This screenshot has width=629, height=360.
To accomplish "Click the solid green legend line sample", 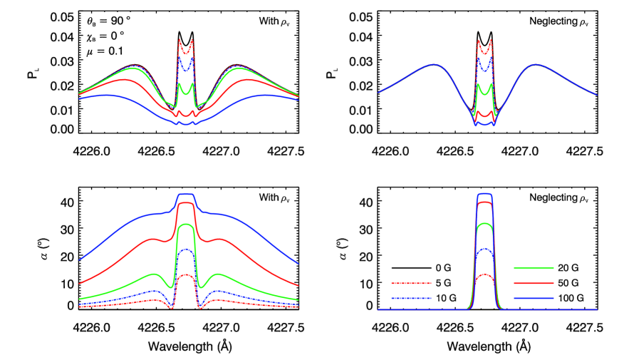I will [534, 267].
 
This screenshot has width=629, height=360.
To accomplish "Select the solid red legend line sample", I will [534, 283].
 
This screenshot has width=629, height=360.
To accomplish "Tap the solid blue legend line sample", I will [534, 298].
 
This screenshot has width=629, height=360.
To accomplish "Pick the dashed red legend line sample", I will [411, 283].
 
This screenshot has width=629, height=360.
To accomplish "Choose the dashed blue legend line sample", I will [411, 298].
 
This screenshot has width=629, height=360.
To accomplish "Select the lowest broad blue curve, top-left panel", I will [107, 95].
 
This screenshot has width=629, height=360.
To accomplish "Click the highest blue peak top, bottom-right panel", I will [484, 193].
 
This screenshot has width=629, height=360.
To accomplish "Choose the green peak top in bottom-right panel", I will [484, 224].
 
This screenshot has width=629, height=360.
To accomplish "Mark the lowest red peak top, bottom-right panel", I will [484, 274].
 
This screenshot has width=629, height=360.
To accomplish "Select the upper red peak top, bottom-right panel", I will [484, 202].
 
